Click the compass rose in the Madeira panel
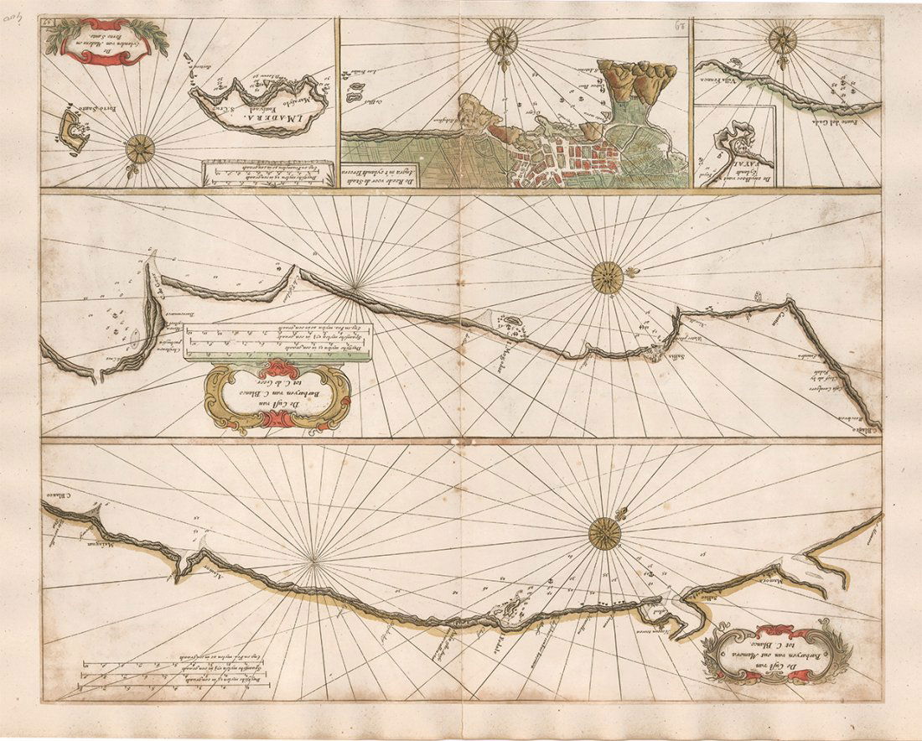139,149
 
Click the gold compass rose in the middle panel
607,277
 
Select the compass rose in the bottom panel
603,532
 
